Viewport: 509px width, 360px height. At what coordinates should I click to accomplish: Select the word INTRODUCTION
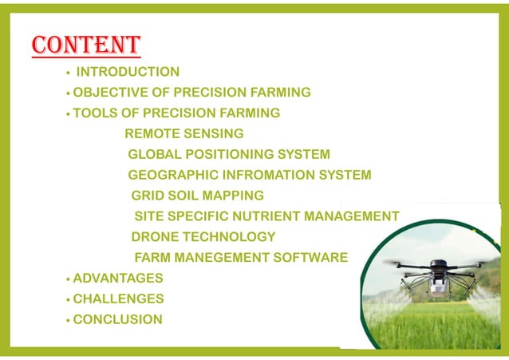[128, 72]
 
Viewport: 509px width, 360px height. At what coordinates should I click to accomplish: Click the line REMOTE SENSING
[184, 133]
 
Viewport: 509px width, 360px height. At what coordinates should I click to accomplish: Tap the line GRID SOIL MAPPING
[197, 196]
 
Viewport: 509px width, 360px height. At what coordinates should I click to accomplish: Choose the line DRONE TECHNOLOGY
[203, 237]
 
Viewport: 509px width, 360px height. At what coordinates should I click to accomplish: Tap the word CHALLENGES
[118, 299]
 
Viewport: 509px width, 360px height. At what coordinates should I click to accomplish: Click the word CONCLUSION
[117, 320]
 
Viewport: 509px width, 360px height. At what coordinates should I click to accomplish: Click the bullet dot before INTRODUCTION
[69, 73]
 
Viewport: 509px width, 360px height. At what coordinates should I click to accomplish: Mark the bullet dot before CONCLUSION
[69, 321]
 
